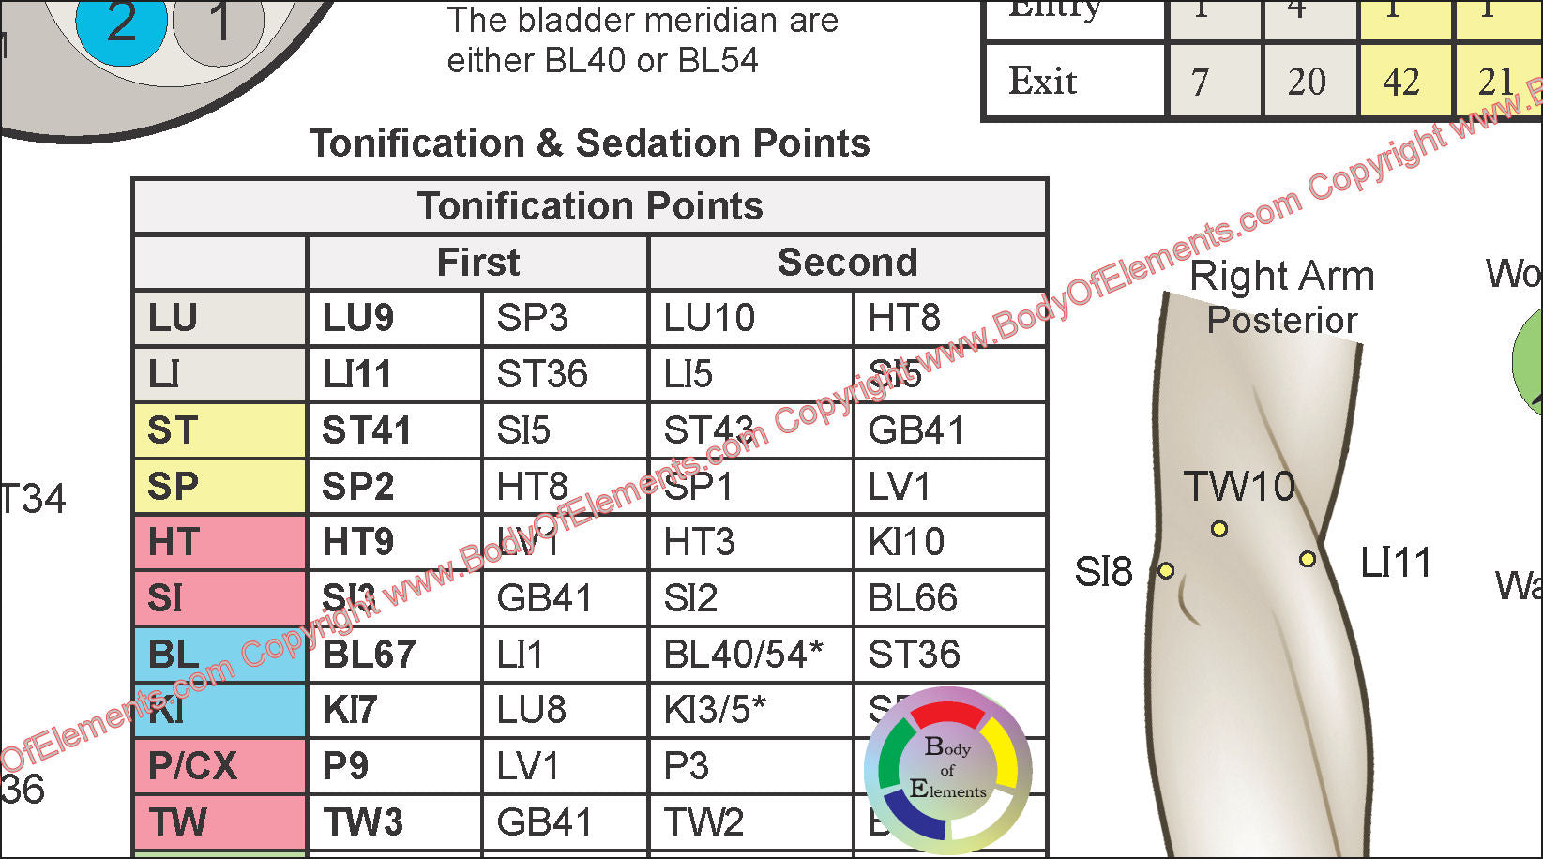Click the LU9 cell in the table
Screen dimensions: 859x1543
pos(394,319)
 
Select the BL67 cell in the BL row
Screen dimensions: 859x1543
pos(394,655)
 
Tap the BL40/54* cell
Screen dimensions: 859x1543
pos(750,655)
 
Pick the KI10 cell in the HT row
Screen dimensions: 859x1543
pos(949,542)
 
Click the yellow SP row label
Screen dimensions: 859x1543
pos(219,487)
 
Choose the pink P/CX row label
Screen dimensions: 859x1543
pos(219,766)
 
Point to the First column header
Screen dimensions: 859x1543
pos(477,263)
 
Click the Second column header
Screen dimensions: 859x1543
pos(847,263)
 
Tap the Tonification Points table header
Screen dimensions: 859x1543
pos(590,206)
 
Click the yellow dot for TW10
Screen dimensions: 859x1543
pos(1218,529)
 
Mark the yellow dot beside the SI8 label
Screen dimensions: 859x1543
pos(1166,570)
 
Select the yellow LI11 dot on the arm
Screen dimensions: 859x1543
pos(1308,560)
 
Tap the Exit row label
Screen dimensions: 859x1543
pos(1073,82)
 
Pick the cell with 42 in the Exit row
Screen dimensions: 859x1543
pos(1404,82)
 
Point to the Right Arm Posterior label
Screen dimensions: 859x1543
pos(1281,297)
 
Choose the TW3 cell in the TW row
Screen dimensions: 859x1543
pos(394,822)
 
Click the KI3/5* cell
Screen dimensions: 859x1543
pos(750,710)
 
